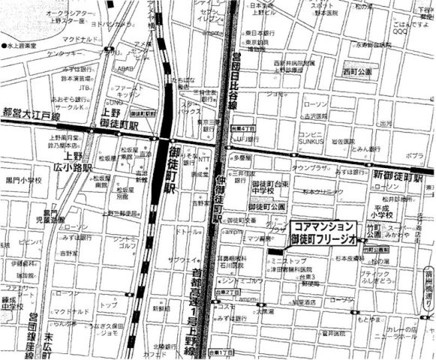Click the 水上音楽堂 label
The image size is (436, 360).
[x=23, y=46]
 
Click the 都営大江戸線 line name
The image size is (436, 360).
[x=31, y=113]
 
